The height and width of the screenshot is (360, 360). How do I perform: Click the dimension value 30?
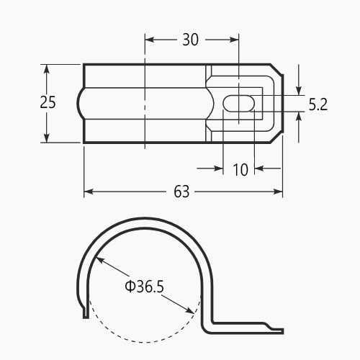click(x=191, y=40)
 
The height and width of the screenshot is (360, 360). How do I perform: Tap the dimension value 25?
click(x=48, y=102)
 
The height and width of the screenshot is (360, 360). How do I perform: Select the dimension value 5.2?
click(x=318, y=104)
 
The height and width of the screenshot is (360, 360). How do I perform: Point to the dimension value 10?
click(x=240, y=170)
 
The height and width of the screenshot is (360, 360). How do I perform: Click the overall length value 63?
click(x=181, y=192)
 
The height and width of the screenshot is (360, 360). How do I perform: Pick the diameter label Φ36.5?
click(x=145, y=287)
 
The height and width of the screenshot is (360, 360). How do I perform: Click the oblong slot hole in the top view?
click(x=239, y=103)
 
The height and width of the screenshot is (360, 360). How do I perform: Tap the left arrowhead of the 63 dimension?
click(x=89, y=192)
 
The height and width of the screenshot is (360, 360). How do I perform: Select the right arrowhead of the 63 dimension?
click(x=278, y=192)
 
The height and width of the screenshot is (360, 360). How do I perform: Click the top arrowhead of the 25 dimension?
click(x=47, y=69)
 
